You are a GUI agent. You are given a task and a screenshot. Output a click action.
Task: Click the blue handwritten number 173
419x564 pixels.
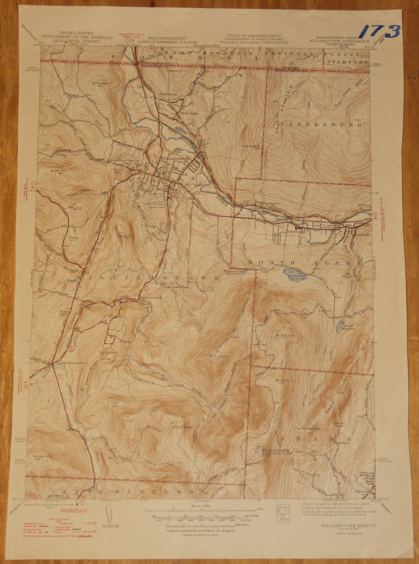point(381,32)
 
